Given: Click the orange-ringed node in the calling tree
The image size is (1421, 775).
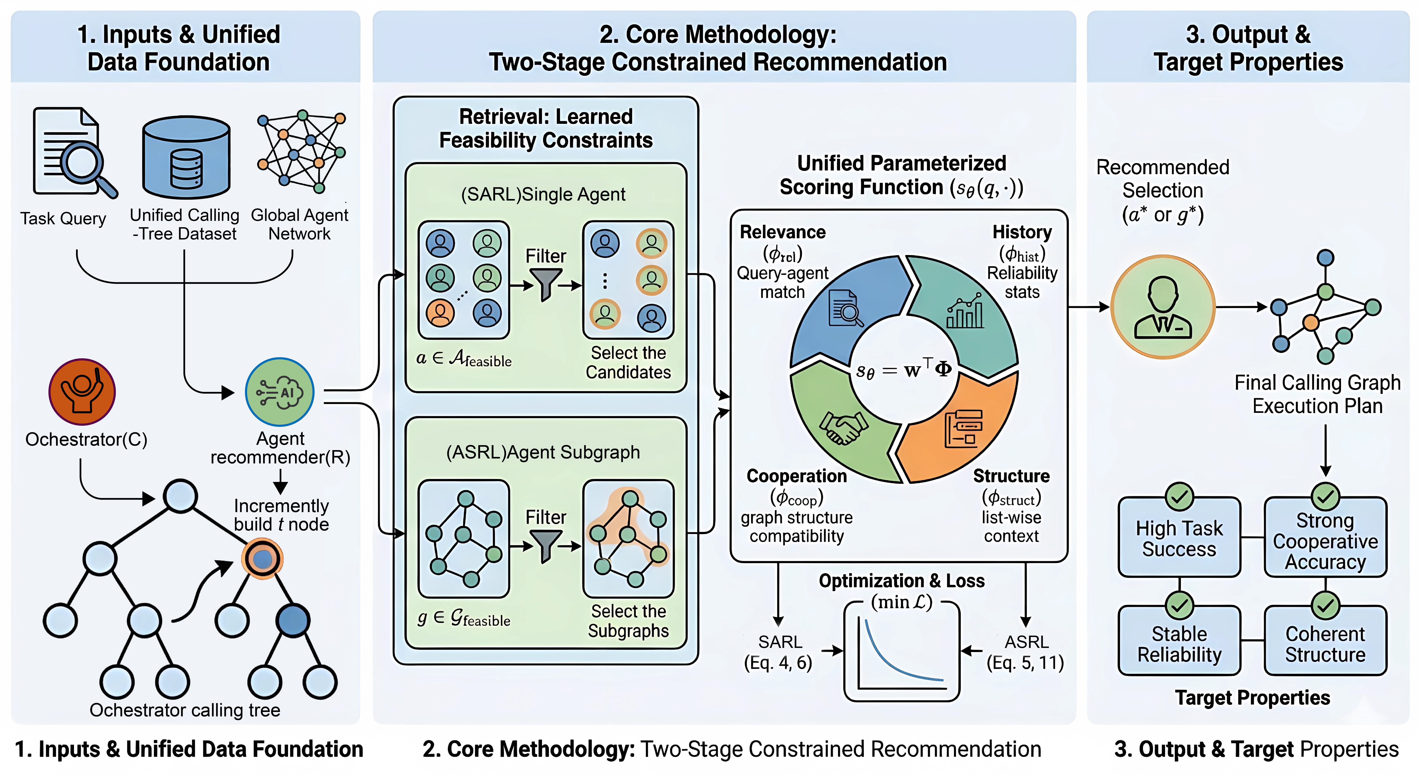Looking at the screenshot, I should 263,559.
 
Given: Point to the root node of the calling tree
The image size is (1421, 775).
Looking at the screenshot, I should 180,495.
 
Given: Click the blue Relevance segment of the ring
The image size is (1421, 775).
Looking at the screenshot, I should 844,309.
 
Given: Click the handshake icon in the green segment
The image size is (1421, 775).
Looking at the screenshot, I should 843,426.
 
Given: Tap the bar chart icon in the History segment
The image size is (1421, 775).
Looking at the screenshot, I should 965,312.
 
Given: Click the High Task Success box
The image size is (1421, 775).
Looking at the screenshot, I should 1179,538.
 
